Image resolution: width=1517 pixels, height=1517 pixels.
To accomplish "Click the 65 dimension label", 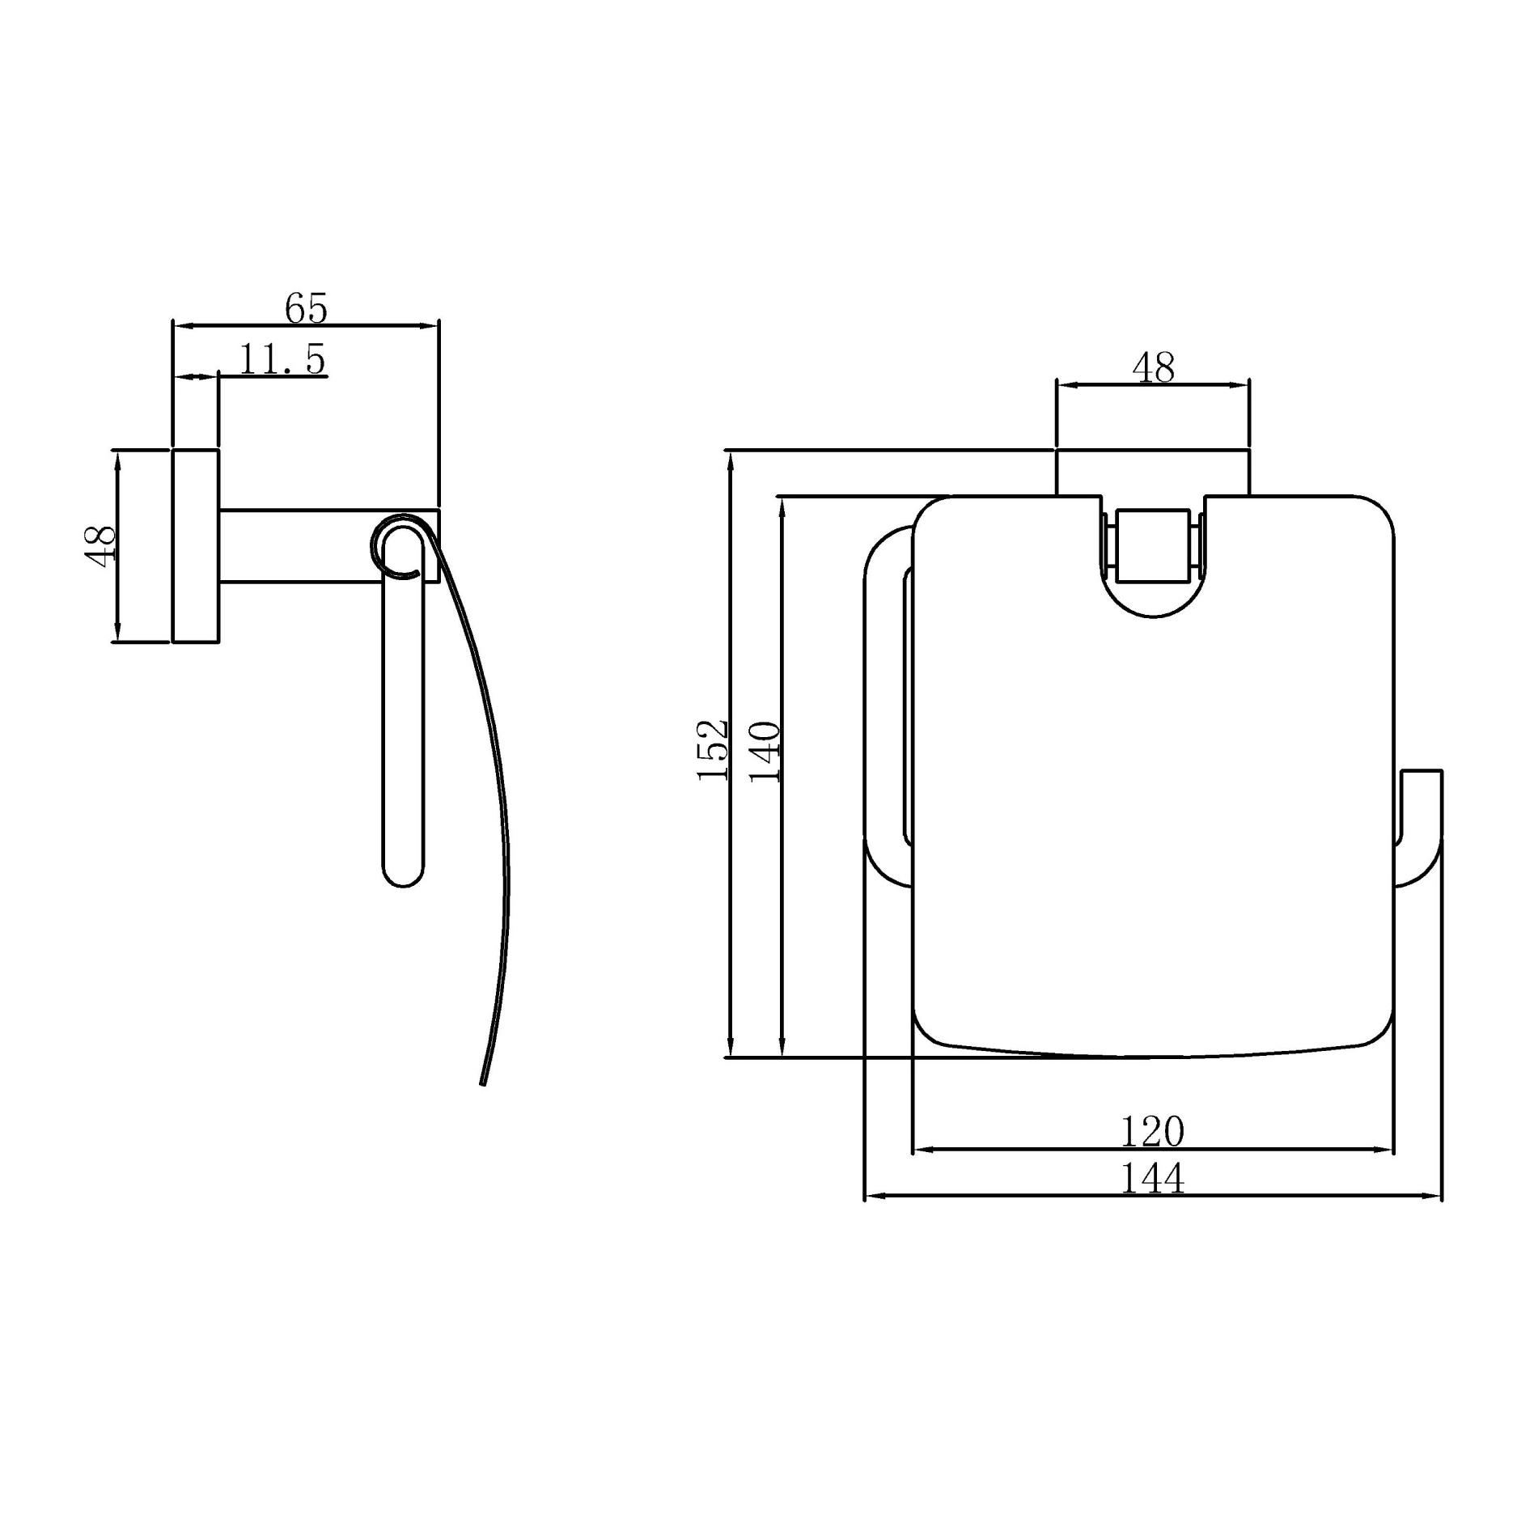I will click(306, 308).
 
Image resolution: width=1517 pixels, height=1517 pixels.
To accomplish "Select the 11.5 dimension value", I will click(282, 359).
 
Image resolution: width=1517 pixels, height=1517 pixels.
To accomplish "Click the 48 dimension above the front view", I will click(1153, 368).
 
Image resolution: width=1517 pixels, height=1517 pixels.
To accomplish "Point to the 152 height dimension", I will click(713, 750).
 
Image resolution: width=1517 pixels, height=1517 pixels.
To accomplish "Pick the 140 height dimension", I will click(765, 752).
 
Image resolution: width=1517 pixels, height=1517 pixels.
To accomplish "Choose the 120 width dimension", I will click(1152, 1131).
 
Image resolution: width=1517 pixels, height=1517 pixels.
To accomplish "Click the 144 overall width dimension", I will click(1152, 1178).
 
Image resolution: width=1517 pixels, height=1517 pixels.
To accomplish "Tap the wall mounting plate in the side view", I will click(195, 545).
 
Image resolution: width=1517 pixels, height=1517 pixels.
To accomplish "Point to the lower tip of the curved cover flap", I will click(483, 1081).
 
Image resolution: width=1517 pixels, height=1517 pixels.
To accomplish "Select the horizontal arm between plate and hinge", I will click(299, 545).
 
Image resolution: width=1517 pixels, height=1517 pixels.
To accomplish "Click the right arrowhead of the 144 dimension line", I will click(1435, 1196).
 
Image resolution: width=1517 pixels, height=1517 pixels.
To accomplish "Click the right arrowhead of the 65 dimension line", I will click(432, 326).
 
